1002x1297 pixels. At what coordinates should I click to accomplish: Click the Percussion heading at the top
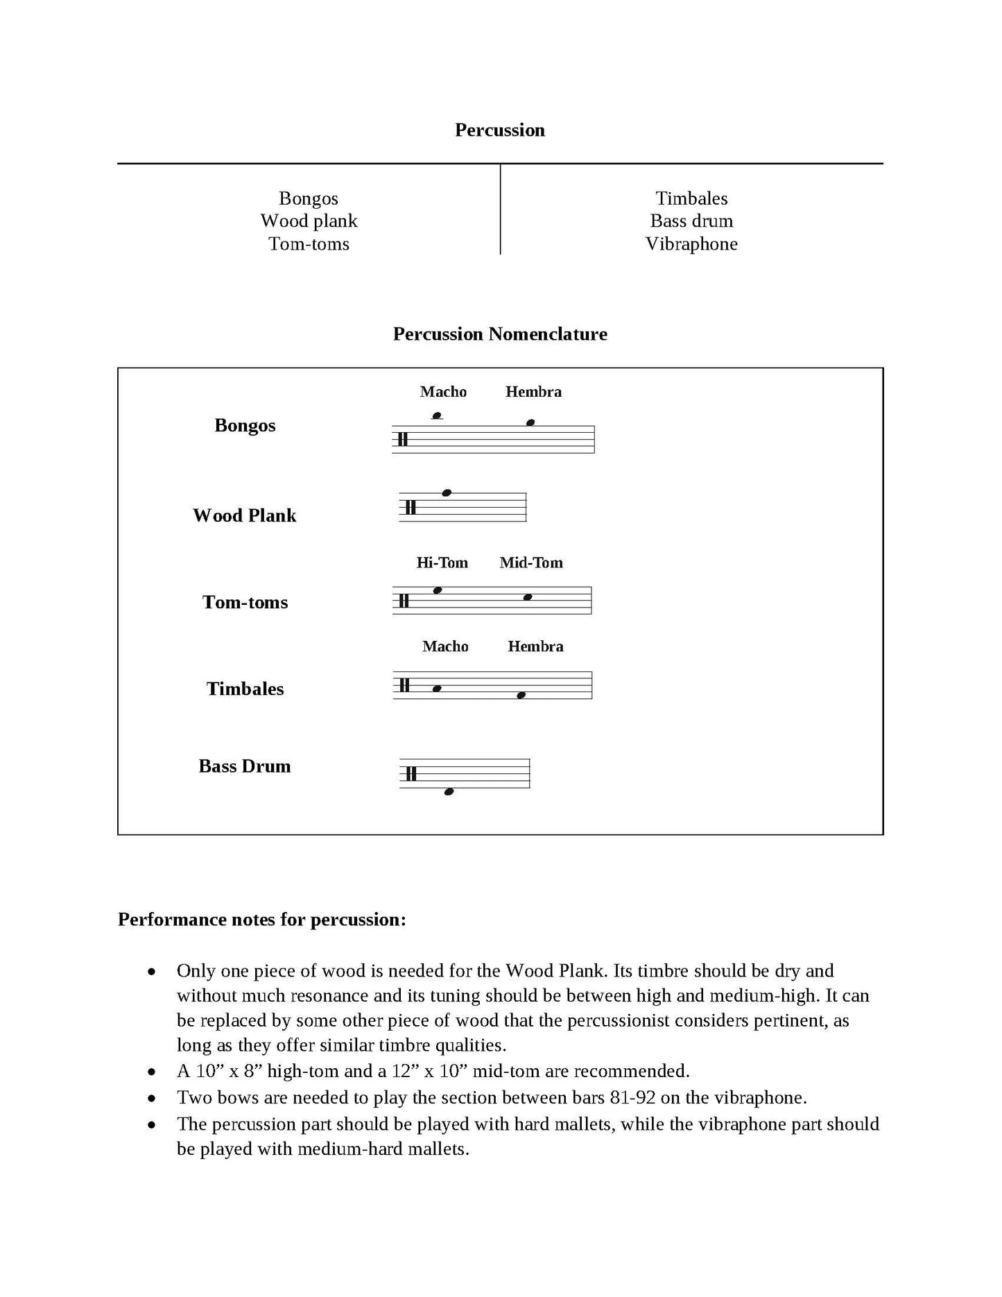click(499, 130)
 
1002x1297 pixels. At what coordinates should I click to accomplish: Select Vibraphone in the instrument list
click(691, 244)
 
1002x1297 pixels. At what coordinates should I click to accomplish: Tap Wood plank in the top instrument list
click(309, 221)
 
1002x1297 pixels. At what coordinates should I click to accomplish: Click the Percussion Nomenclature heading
click(499, 334)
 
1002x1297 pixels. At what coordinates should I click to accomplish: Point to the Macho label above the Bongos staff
click(443, 392)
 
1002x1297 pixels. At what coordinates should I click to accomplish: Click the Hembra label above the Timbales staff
click(535, 646)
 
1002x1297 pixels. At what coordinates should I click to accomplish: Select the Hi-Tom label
click(442, 562)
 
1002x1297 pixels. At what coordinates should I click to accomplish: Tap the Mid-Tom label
click(531, 562)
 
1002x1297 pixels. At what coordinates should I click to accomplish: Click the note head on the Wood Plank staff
click(447, 493)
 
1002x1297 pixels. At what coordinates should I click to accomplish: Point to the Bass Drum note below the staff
click(449, 791)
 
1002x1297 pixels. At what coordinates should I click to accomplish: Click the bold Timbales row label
click(245, 689)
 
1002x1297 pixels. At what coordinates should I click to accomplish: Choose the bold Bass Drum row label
click(244, 766)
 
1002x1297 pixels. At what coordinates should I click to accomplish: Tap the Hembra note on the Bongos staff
click(530, 422)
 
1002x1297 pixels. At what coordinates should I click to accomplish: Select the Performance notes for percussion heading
click(261, 920)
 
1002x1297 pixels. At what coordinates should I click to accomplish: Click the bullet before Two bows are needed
click(151, 1099)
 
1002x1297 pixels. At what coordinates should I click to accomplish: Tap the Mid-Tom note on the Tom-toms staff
click(528, 597)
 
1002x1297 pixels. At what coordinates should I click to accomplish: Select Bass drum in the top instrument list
click(691, 221)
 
